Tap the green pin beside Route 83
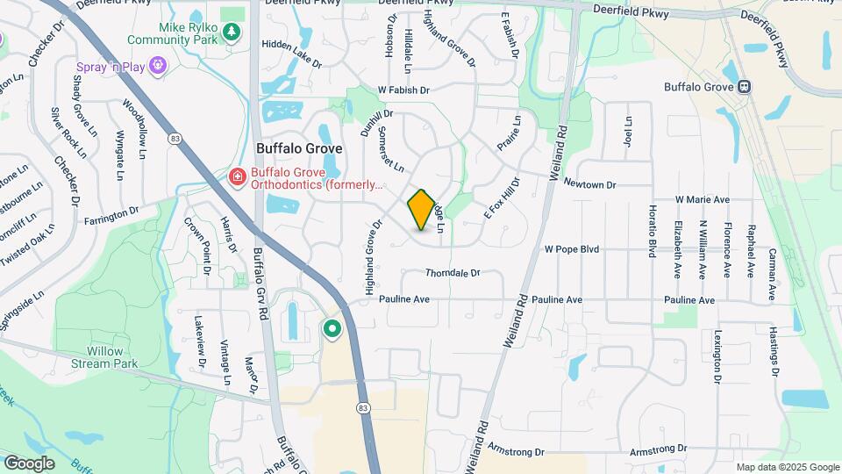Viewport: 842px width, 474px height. [x=332, y=330]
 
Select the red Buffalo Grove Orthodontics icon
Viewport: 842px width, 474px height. [x=237, y=178]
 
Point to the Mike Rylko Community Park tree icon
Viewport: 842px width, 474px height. [x=231, y=32]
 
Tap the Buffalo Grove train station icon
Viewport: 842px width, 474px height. [x=745, y=87]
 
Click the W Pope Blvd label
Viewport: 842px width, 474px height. [x=571, y=249]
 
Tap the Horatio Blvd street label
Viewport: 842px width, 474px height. [x=652, y=232]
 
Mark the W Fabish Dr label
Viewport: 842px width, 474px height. [x=403, y=90]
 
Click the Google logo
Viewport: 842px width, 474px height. [x=29, y=463]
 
